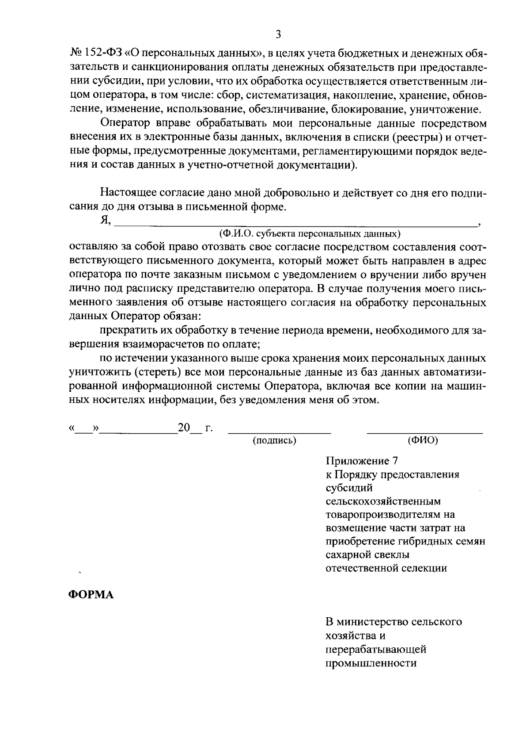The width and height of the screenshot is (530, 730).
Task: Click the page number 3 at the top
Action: coord(278,34)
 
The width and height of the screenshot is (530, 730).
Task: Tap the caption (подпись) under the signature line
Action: coord(274,440)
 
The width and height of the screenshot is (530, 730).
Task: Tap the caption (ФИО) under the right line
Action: coord(423,440)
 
